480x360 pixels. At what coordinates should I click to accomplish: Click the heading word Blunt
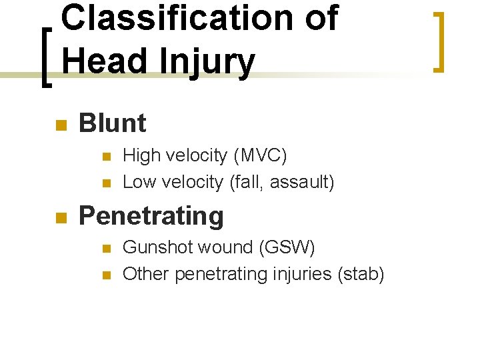(112, 123)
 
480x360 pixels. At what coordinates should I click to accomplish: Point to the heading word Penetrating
(151, 216)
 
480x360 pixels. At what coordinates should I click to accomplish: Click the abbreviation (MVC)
(260, 156)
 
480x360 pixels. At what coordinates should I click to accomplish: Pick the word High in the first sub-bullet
(142, 156)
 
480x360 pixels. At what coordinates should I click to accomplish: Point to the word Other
(144, 274)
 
